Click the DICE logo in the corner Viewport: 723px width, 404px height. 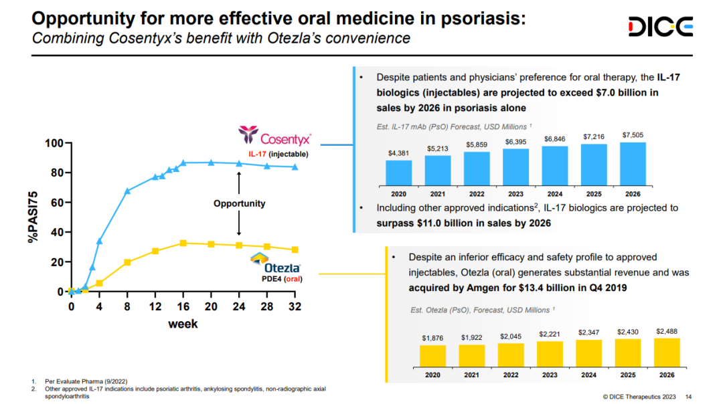[660, 27]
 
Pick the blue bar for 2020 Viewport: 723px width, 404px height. [399, 172]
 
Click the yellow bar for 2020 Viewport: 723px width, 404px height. [432, 355]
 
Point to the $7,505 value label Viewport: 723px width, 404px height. [633, 136]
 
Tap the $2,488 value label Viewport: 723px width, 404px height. [667, 331]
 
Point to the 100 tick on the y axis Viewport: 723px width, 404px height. [54, 144]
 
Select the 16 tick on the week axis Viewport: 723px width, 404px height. [183, 308]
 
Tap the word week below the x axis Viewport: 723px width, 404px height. [183, 324]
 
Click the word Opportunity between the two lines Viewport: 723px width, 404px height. [239, 203]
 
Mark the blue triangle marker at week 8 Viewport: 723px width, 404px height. [127, 191]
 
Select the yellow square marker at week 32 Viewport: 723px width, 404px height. [295, 249]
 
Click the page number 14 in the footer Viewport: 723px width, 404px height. [688, 396]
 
